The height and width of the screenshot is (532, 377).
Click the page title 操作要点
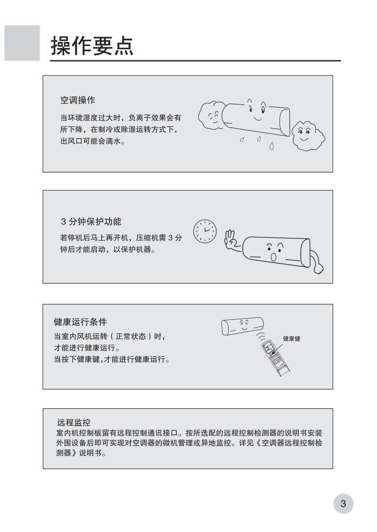pos(92,46)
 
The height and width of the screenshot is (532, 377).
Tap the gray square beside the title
pos(22,43)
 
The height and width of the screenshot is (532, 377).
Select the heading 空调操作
pos(78,100)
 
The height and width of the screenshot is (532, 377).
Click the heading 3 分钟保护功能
pos(91,222)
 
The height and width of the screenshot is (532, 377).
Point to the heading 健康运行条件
pos(80,321)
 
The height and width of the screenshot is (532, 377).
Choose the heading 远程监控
pos(73,422)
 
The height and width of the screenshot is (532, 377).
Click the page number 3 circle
pos(343,504)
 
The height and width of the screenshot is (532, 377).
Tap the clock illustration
pos(205,231)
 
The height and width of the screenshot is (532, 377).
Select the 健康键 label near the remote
pos(291,339)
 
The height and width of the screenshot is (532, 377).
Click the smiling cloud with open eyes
pos(308,135)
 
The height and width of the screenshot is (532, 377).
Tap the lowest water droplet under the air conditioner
pos(271,146)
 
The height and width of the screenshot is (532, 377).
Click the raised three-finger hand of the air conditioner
pos(231,239)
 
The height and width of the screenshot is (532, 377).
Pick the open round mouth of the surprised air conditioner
pos(273,257)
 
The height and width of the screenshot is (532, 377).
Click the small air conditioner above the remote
pos(243,326)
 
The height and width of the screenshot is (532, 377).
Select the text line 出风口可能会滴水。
pos(93,141)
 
